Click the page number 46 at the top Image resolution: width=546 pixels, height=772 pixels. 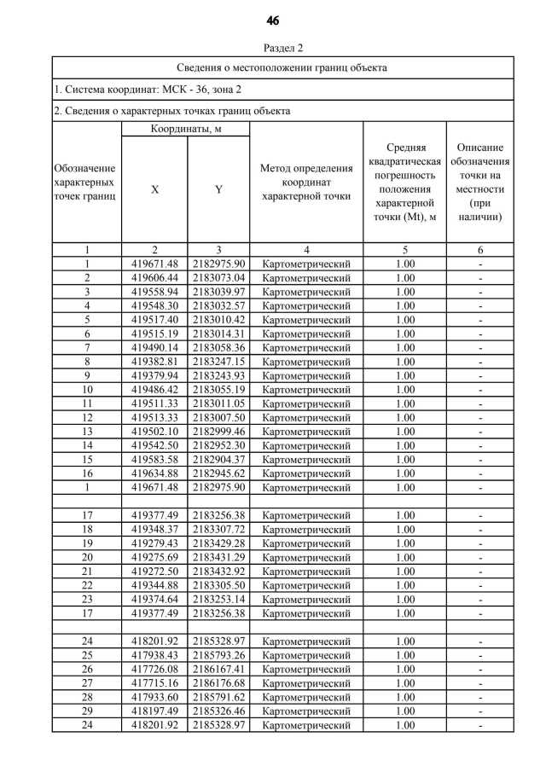[x=273, y=20]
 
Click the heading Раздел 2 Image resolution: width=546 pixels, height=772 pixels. [x=273, y=48]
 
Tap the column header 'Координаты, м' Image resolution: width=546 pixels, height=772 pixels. [x=185, y=130]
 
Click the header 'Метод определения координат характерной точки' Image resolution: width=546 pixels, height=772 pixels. [x=306, y=181]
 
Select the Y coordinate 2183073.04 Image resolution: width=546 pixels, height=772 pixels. [x=218, y=278]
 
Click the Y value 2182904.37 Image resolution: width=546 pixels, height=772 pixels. [x=218, y=460]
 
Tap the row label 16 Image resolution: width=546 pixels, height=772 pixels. [x=86, y=473]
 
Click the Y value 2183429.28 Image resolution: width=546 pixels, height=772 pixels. [x=218, y=543]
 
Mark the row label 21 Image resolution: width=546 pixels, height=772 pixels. [x=86, y=572]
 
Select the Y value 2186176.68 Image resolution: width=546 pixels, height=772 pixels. [x=218, y=683]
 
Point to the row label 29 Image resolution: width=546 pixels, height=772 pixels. [x=86, y=711]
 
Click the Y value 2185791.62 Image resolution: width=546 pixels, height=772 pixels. [x=218, y=697]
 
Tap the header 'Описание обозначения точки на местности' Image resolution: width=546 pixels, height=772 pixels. [x=479, y=181]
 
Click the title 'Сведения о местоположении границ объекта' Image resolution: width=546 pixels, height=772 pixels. [x=282, y=67]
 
